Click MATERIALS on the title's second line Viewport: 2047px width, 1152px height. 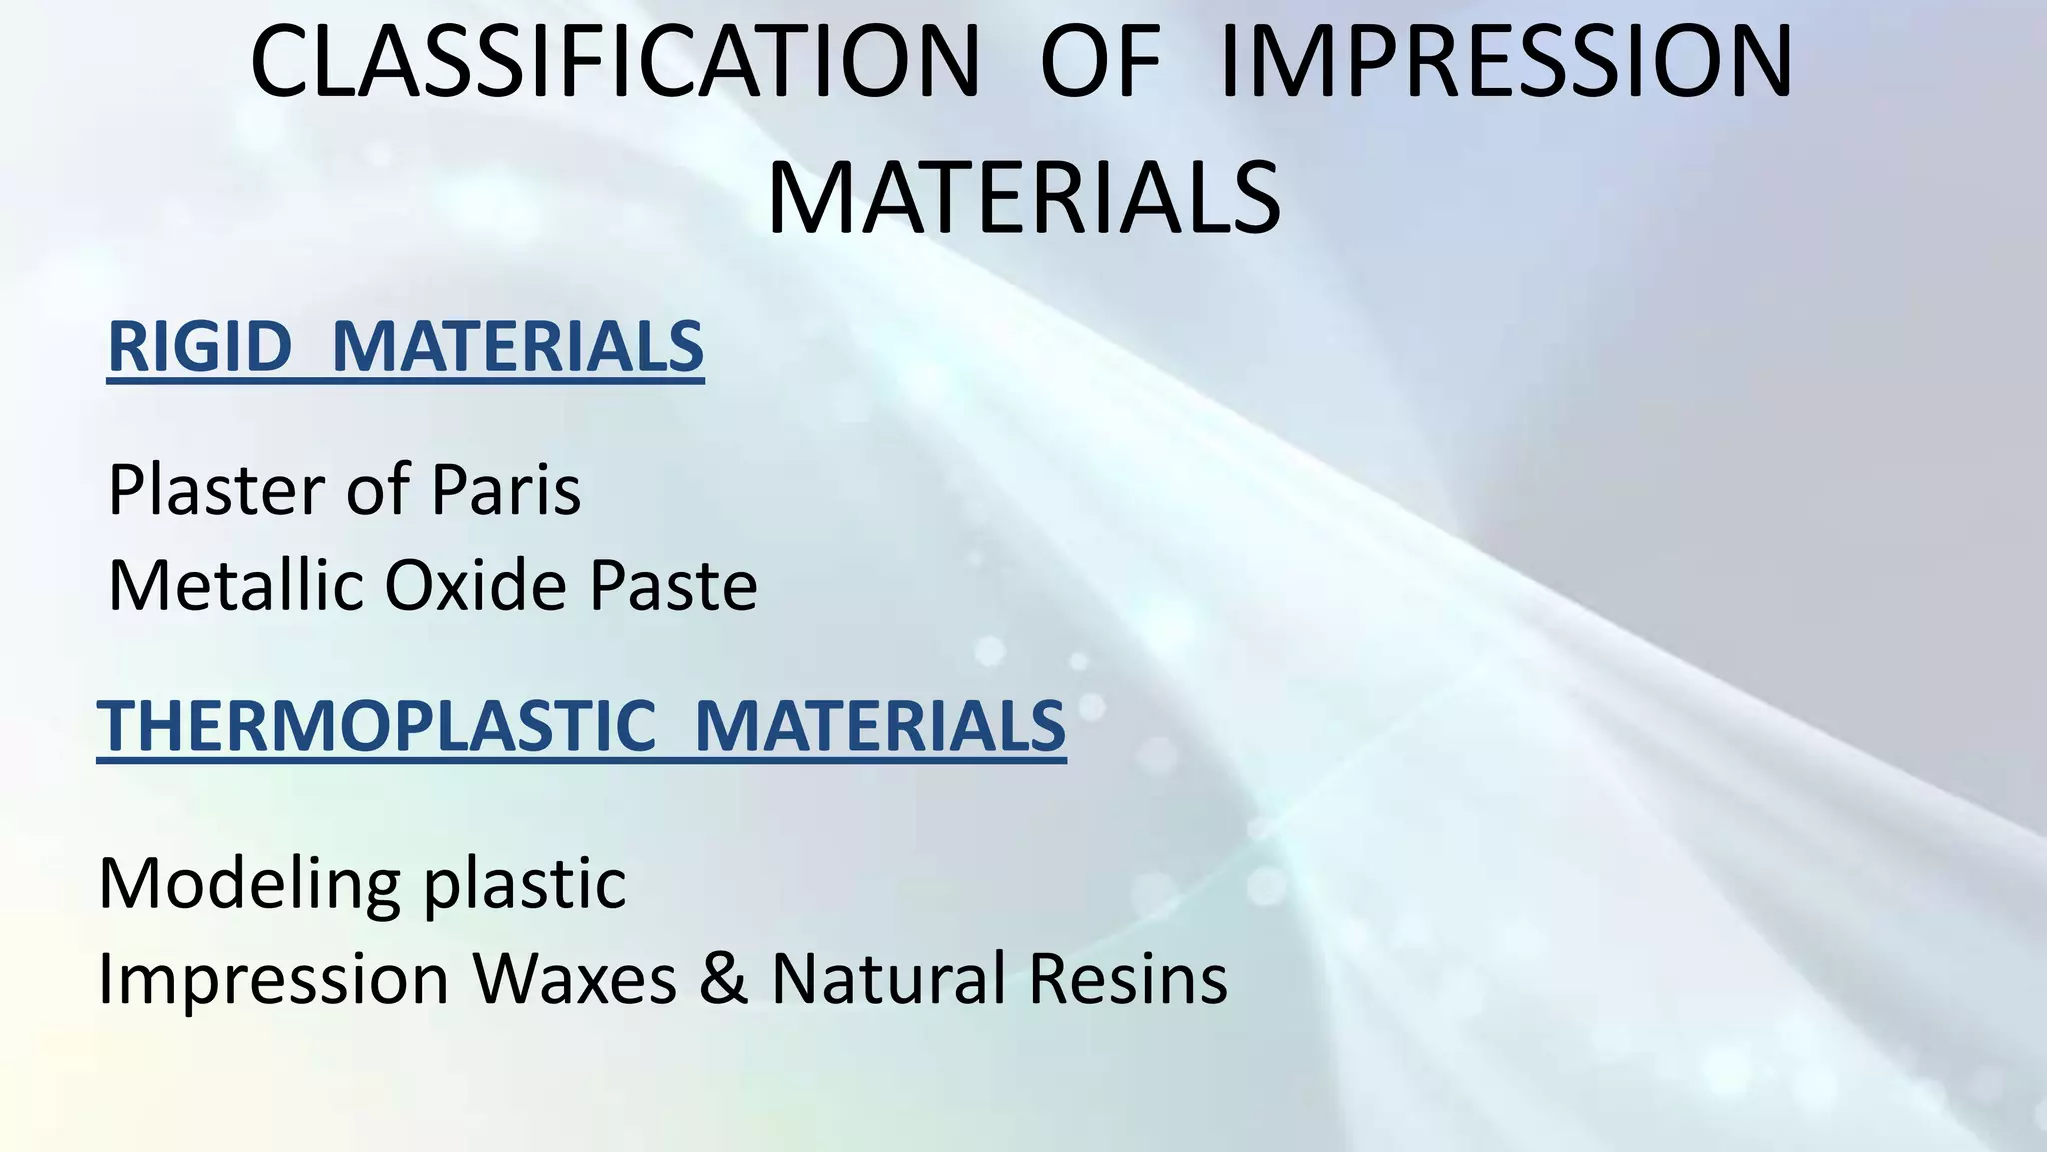1023,198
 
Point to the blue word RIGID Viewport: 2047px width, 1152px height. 199,347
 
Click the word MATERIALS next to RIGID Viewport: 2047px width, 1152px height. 517,347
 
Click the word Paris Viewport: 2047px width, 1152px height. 505,490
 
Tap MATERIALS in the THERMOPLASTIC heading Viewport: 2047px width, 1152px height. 880,726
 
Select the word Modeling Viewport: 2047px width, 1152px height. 249,885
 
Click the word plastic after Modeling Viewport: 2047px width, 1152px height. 525,885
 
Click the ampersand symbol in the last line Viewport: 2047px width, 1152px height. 723,978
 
